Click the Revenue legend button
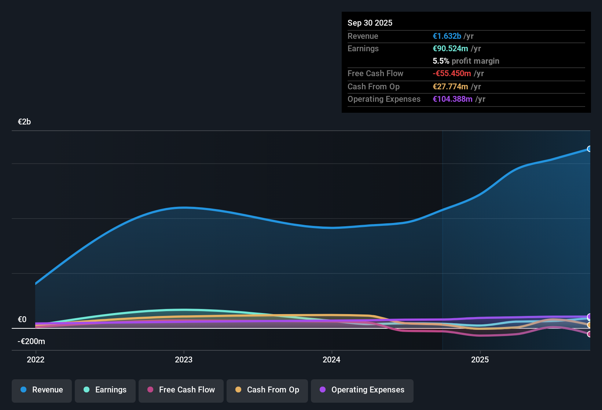(42, 390)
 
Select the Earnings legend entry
(105, 390)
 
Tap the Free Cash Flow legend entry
(181, 390)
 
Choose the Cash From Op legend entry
(267, 390)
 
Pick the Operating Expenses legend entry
(362, 390)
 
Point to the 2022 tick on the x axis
(36, 359)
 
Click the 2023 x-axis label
(184, 359)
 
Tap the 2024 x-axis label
(331, 359)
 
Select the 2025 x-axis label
(480, 359)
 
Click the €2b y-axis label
(24, 122)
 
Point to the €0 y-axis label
(22, 320)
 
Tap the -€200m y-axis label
(31, 342)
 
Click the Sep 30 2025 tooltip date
(370, 23)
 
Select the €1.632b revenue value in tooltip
(447, 36)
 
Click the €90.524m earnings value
(450, 48)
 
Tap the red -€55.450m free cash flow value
(452, 73)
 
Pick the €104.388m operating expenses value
(452, 99)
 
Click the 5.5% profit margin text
(466, 61)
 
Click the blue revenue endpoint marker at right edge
(589, 149)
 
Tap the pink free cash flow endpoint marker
(589, 334)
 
